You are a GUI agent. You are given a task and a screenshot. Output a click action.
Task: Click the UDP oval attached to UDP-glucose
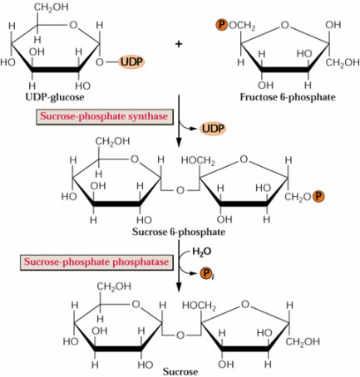coord(132,61)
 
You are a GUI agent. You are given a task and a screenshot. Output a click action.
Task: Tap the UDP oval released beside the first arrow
coord(213,129)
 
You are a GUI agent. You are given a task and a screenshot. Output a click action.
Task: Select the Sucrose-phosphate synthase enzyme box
coord(105,116)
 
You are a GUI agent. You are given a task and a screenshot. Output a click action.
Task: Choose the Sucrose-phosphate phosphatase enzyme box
coord(96,262)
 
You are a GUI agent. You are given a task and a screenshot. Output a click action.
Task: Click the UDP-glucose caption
coord(55,97)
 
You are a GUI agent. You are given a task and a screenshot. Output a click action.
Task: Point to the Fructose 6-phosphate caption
coord(288,97)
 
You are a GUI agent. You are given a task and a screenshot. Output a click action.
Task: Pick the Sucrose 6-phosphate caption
coord(179,232)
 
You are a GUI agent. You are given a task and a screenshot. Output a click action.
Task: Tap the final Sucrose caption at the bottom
coord(180,371)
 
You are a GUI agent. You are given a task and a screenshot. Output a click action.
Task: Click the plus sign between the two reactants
coord(179,44)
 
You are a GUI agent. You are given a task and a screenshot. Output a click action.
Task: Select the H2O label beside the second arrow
coord(201,252)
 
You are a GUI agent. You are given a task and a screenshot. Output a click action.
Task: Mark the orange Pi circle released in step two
coord(206,274)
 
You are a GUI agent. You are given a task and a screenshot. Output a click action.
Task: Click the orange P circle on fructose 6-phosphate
coord(221,25)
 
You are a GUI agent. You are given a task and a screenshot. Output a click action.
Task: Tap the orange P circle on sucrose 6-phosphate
coord(318,196)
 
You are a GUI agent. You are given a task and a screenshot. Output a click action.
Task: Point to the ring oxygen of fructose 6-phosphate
coord(285,25)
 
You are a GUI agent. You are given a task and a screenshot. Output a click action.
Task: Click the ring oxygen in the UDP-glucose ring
coord(73,25)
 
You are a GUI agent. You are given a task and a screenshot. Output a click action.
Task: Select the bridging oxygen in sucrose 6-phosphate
coord(180,190)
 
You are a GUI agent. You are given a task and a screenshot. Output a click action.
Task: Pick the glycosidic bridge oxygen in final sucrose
coord(180,335)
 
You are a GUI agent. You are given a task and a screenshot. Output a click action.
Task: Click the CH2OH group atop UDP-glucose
coord(51,7)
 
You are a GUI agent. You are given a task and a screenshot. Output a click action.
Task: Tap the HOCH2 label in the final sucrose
coord(199,306)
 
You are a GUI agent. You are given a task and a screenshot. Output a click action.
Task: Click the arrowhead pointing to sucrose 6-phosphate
coord(179,143)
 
